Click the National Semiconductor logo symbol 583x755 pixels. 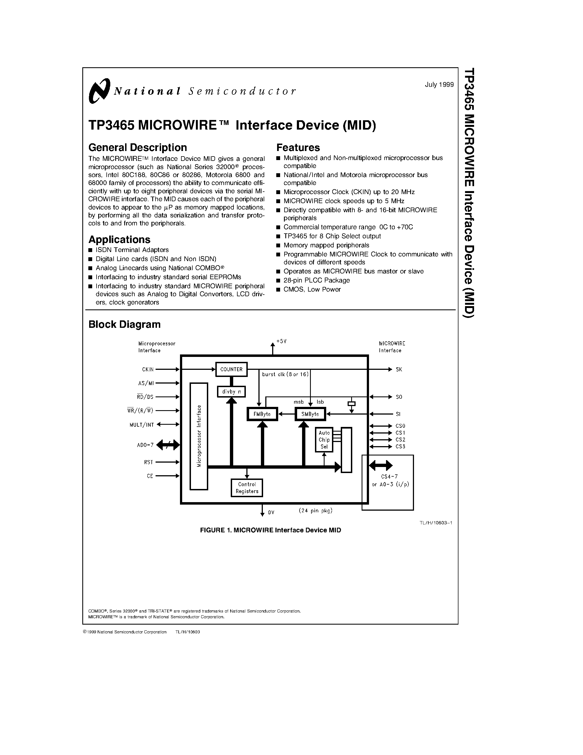[x=99, y=91]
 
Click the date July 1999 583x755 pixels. [x=439, y=85]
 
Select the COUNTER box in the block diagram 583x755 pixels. [x=231, y=369]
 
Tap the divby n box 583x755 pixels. [x=231, y=392]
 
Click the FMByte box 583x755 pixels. [x=262, y=414]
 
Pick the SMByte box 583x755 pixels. [x=310, y=414]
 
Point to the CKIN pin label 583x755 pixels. [x=148, y=370]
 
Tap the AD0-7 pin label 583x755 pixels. [x=145, y=445]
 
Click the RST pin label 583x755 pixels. [x=148, y=462]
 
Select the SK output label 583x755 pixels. [x=399, y=370]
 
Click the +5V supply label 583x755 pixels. [x=281, y=342]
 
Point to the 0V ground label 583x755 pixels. [x=271, y=513]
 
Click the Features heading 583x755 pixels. [x=298, y=148]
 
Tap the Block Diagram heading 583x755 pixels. [x=124, y=324]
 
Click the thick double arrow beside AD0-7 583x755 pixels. [x=168, y=445]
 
